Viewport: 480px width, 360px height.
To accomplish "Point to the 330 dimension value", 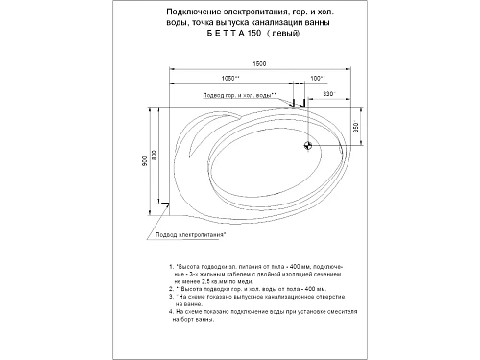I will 328,94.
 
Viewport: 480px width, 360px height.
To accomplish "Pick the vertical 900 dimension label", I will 145,158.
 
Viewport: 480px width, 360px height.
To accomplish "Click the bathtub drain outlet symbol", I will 308,145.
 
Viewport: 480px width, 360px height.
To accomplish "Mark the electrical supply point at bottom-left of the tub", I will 166,204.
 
